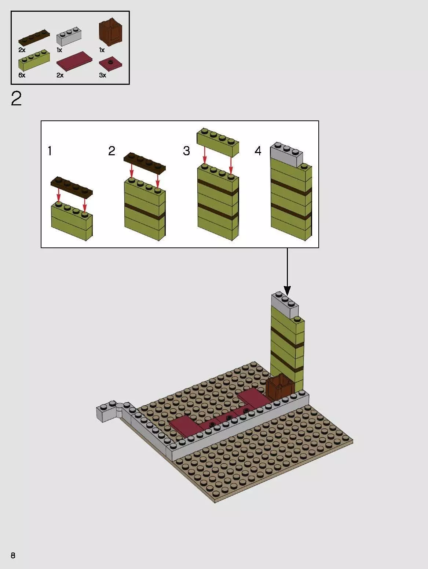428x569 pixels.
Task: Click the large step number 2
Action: tap(17, 99)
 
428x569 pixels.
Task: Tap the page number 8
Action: tap(13, 555)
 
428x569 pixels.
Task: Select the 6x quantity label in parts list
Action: tap(22, 75)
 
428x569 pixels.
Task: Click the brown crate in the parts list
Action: tap(110, 34)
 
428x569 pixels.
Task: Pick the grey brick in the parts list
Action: tap(69, 37)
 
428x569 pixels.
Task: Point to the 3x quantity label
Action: tap(103, 75)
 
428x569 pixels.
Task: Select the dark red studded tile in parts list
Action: tap(110, 64)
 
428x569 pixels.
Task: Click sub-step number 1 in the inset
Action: tap(50, 151)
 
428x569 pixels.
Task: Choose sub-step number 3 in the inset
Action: tap(186, 151)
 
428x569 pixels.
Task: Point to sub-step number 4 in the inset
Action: tap(258, 151)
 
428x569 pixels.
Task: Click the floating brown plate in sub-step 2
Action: tap(145, 163)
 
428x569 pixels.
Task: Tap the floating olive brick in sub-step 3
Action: tap(218, 142)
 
